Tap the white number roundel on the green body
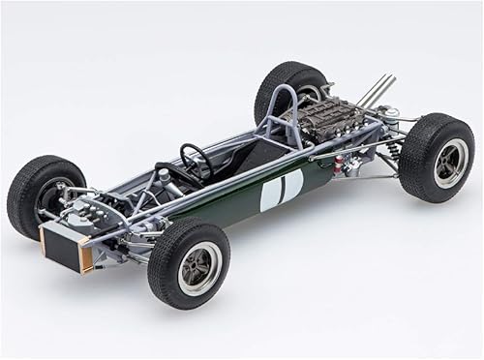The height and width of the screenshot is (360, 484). coord(281,189)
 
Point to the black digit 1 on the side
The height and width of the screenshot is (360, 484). coord(281,190)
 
